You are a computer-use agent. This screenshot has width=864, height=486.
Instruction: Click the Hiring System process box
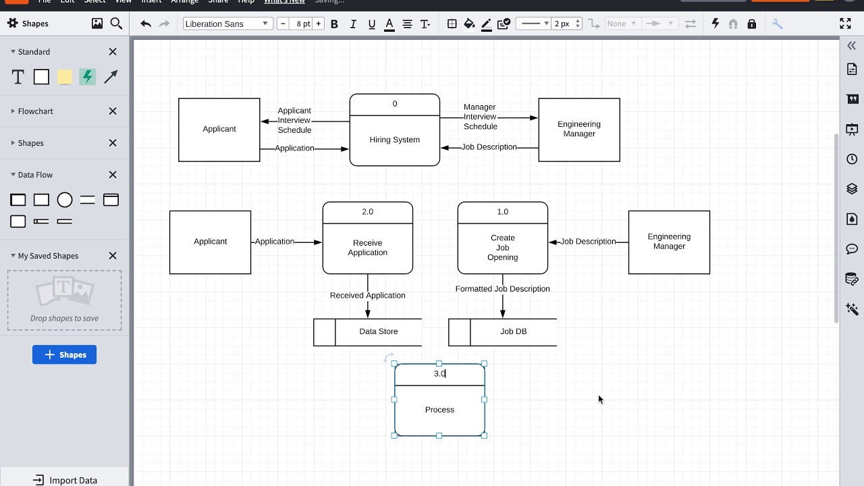coord(394,140)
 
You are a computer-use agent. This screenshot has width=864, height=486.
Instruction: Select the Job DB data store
coord(513,331)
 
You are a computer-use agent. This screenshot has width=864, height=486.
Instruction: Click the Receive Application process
coord(367,248)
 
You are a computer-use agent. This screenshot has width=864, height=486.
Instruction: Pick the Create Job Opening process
coord(502,248)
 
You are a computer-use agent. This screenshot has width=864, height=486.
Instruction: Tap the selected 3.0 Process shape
coord(439,410)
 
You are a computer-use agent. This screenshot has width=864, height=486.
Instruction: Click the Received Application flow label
coord(367,295)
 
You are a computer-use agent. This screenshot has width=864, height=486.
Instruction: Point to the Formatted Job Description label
coord(502,289)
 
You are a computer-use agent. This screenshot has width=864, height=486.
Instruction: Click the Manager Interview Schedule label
coord(480,117)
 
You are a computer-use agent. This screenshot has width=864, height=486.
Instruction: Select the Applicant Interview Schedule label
coord(294,120)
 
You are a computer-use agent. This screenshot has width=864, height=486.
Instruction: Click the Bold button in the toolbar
coord(334,24)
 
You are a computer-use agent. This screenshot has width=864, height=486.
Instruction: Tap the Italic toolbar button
coord(353,24)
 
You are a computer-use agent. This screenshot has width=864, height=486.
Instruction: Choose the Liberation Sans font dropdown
coord(227,24)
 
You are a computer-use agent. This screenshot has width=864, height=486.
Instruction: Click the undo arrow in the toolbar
coord(146,24)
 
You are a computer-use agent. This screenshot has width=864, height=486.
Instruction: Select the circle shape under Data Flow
coord(65,200)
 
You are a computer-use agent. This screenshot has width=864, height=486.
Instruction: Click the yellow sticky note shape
coord(65,77)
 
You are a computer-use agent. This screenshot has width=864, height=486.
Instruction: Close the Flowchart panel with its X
coord(113,111)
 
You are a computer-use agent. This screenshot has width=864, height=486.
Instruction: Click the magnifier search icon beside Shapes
coord(116,24)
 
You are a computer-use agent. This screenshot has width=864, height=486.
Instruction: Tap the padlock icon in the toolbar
coord(751,24)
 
